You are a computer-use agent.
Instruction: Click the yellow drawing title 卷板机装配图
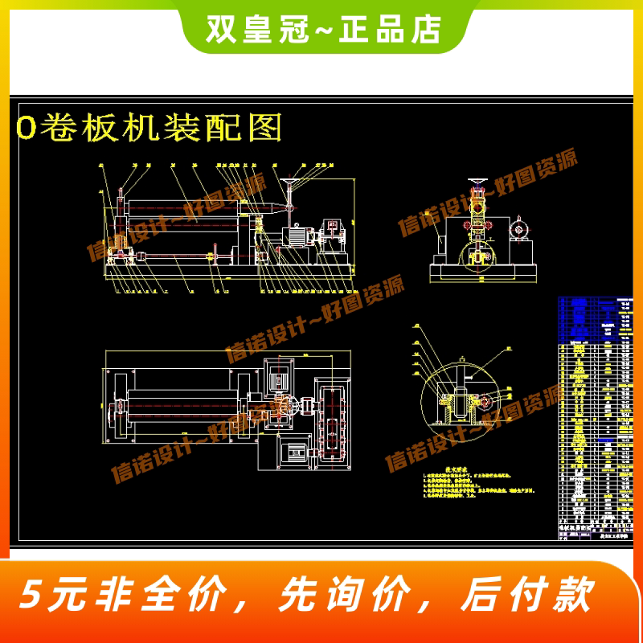(x=149, y=128)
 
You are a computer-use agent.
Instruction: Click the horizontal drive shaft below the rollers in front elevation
(x=177, y=257)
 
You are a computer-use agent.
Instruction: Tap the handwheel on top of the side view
(x=479, y=182)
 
